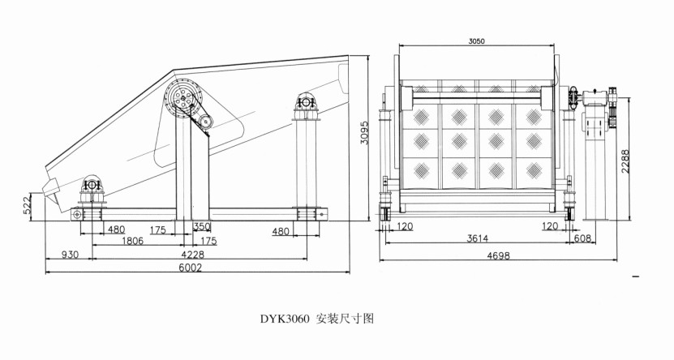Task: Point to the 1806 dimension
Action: [x=134, y=241]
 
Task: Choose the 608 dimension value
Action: [x=582, y=240]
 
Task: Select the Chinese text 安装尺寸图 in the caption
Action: [x=345, y=319]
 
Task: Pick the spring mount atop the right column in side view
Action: [x=307, y=103]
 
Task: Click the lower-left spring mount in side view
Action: [x=91, y=186]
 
